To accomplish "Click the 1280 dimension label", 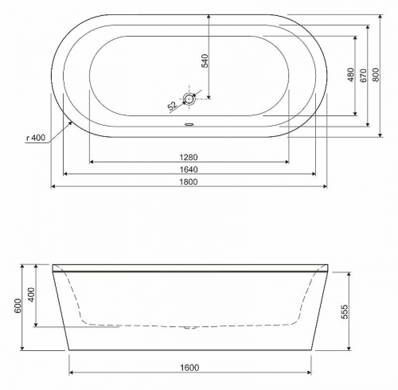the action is click(x=189, y=158).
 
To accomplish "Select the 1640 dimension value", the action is click(x=189, y=170).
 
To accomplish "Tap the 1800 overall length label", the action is click(x=189, y=182).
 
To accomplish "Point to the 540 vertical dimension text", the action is click(x=205, y=60).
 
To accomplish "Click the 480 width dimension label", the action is click(x=350, y=75).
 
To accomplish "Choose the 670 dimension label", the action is click(x=363, y=76).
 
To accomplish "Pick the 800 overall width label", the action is click(x=376, y=75).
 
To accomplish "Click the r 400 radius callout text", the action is click(x=36, y=138).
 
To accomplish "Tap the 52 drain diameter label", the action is click(x=173, y=106).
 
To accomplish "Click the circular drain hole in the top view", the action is click(x=189, y=99).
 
